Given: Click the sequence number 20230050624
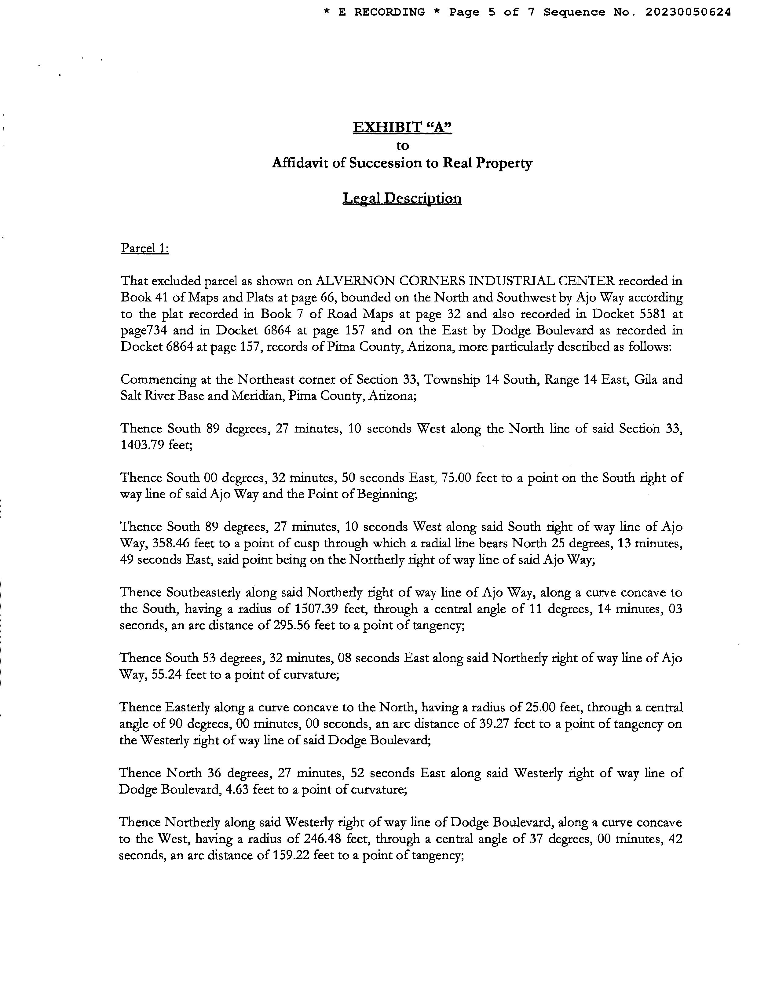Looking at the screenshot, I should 688,13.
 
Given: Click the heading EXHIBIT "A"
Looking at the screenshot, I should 402,127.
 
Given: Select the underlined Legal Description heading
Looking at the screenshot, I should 402,199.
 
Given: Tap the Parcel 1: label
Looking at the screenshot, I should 144,248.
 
